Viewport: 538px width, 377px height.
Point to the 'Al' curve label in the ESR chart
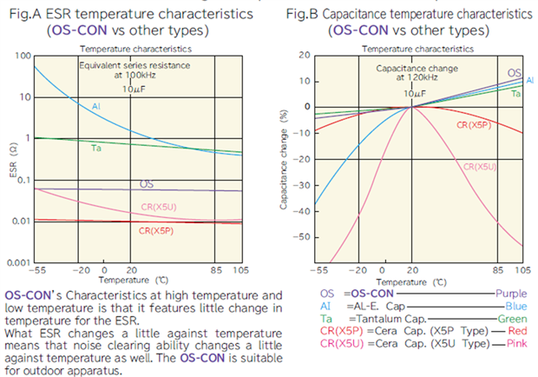(x=96, y=106)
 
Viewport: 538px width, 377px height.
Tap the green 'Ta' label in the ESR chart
(x=96, y=149)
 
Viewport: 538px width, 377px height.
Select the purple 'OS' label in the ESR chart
(x=148, y=184)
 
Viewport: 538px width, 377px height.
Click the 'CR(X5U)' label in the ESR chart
(x=157, y=206)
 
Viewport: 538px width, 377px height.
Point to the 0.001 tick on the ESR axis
(x=16, y=261)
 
